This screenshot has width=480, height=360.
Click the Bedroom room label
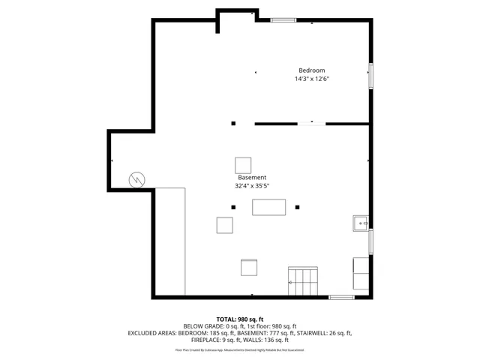point(311,70)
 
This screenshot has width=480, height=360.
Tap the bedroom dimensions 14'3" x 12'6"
point(311,79)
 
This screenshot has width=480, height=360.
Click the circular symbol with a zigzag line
point(136,179)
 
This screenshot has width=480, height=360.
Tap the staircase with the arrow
point(304,282)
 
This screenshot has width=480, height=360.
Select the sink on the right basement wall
point(361,223)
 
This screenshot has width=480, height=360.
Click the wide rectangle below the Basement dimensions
point(269,207)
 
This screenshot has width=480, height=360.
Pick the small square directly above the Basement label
point(243,165)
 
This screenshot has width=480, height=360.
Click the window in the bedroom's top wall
point(283,20)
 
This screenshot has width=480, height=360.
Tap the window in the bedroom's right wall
point(370,76)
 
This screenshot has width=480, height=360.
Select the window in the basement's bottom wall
point(341,298)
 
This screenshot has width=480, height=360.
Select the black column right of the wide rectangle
point(297,207)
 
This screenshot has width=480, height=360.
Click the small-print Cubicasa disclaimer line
point(239,349)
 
